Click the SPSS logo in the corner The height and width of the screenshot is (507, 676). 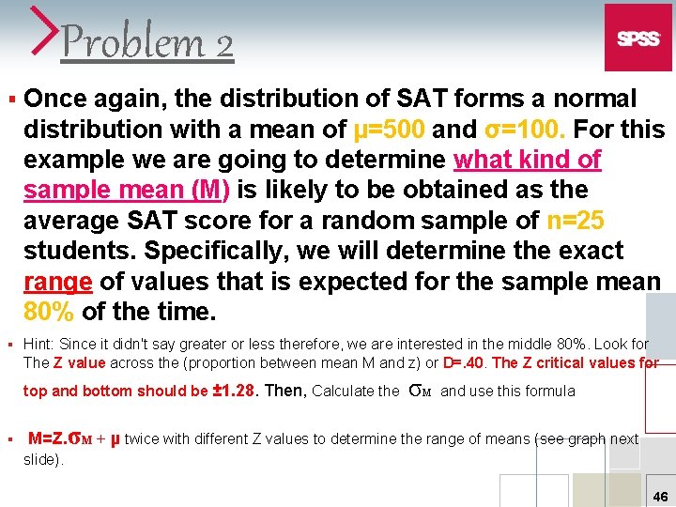point(638,38)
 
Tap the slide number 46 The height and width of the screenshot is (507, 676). point(660,497)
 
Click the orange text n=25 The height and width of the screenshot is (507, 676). point(575,221)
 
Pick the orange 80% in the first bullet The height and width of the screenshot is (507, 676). point(50,311)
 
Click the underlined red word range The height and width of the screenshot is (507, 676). point(57,281)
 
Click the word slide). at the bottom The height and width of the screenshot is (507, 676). point(44,459)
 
